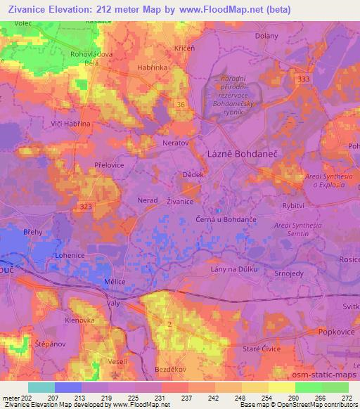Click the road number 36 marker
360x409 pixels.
click(181, 105)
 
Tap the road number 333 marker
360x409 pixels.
click(303, 80)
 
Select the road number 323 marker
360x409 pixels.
click(86, 206)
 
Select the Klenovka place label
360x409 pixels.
click(79, 319)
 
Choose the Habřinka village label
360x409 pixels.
click(152, 68)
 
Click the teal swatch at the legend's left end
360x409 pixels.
click(41, 387)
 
